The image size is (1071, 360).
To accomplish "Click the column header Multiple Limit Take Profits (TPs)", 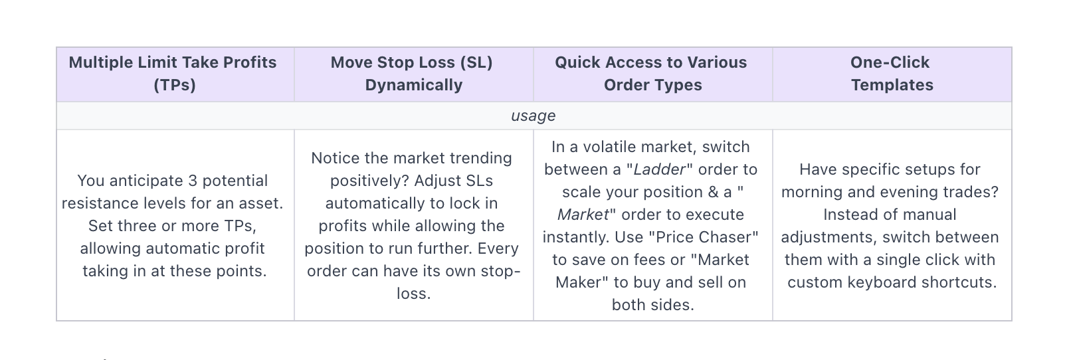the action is point(173,74).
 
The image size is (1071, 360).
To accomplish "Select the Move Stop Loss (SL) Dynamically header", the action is point(412,74).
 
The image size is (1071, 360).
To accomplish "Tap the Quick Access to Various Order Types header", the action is point(650,74).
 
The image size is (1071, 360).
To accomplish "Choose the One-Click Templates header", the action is point(890,74).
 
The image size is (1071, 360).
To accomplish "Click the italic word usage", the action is point(533,116).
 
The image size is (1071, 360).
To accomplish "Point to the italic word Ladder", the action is point(660,170).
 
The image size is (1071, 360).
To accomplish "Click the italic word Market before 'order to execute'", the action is point(583,215).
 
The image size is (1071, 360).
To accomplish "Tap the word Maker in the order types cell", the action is point(579,282).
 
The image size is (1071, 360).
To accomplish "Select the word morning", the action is point(813,192).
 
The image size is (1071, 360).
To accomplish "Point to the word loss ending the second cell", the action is point(413,294).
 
